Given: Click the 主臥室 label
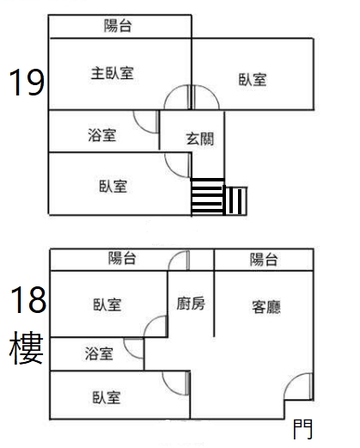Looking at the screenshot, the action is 113,73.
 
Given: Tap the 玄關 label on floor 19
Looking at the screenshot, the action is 200,139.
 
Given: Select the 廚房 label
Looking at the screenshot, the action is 191,304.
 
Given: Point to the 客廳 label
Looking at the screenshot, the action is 266,307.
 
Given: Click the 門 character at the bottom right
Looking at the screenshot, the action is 302,429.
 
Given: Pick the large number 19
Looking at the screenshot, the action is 27,83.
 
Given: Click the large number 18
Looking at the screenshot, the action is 28,300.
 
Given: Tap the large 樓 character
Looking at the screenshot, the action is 27,347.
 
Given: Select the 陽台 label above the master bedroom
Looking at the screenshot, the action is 118,26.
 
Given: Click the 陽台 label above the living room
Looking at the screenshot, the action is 264,260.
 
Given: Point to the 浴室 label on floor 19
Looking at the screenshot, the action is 102,135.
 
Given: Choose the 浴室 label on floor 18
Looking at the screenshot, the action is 99,353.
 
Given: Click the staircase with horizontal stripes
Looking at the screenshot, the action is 207,196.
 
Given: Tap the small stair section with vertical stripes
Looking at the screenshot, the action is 236,200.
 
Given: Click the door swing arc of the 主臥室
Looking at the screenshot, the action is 169,90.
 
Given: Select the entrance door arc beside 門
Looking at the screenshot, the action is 290,381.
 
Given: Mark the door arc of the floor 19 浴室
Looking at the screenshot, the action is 139,126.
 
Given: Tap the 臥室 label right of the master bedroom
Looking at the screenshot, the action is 253,79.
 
